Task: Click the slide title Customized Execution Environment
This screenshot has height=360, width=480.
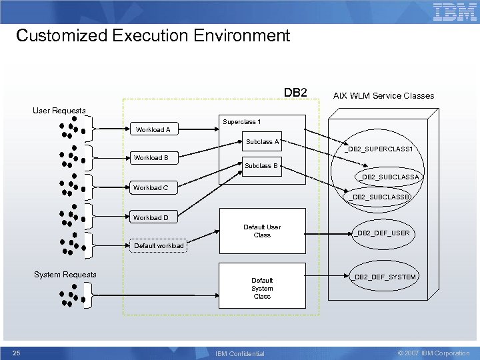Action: (153, 35)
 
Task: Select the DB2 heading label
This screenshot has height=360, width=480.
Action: (295, 92)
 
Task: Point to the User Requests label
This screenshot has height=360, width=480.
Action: (59, 110)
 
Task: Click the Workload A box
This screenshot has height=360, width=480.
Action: (153, 129)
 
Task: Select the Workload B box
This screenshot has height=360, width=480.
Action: (151, 158)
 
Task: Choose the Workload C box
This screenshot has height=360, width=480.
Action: (151, 187)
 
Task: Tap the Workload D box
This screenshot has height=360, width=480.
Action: (151, 217)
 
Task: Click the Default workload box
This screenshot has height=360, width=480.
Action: (159, 245)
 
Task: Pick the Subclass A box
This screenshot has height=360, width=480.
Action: (262, 142)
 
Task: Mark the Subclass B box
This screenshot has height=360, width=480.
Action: (261, 166)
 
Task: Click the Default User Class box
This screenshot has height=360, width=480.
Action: (262, 231)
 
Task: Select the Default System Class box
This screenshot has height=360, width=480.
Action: (262, 288)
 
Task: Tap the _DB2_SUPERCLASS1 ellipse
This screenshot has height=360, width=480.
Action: (379, 149)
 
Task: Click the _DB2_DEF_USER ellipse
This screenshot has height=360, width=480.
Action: (382, 233)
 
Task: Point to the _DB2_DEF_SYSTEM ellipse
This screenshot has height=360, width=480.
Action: (385, 277)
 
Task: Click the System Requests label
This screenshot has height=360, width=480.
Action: (65, 275)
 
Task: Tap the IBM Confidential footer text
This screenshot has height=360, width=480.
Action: (240, 353)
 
